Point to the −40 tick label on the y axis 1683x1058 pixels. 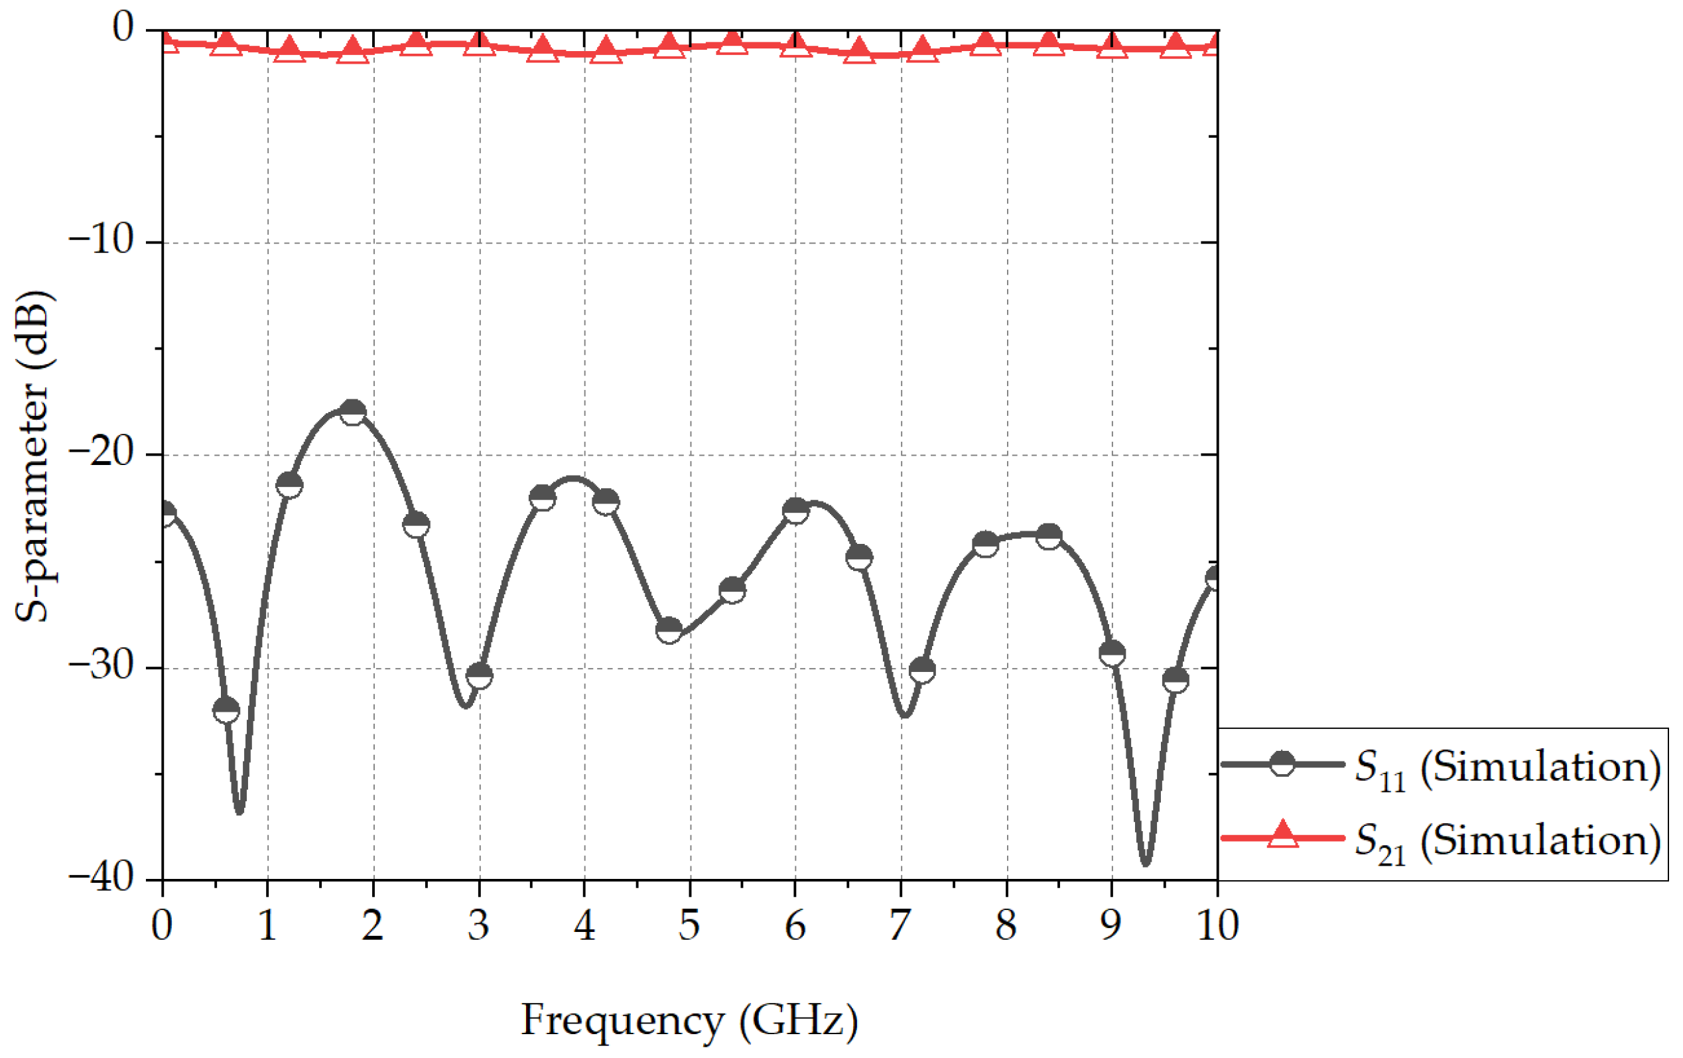pos(102,878)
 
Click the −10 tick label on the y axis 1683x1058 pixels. pos(102,240)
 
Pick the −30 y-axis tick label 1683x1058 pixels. pos(102,666)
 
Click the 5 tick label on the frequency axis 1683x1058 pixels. pos(689,925)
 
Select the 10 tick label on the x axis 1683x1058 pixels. pos(1217,925)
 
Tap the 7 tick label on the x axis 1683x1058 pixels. pos(900,925)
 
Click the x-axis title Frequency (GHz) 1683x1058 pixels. pos(689,1020)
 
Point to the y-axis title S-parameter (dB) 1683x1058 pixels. pos(34,456)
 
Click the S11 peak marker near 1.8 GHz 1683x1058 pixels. pos(353,413)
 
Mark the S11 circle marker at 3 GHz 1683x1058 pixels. pos(480,675)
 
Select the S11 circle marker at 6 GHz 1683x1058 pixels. pos(795,511)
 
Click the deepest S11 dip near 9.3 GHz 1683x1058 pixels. pos(1145,864)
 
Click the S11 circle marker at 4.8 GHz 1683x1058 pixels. pos(669,630)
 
